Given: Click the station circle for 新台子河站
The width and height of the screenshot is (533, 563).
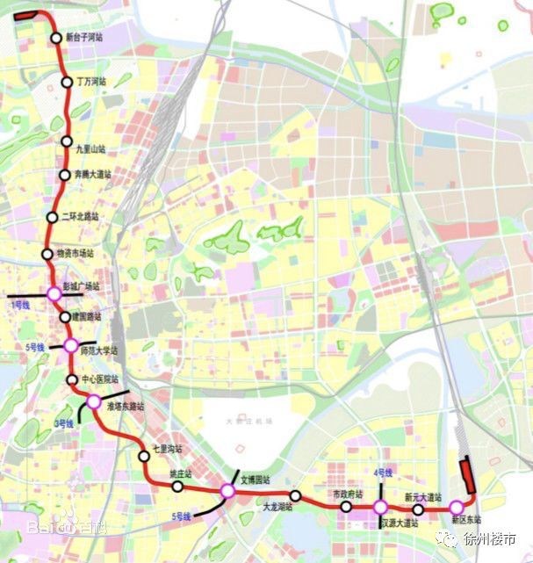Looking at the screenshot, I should (56, 38).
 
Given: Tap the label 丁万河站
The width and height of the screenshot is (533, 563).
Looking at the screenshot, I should (91, 83).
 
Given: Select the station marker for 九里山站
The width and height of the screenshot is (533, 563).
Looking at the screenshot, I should (67, 141).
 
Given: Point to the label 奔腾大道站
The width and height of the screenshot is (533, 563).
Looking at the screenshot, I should (93, 174).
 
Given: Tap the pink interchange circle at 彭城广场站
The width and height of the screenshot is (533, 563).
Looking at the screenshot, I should (54, 292).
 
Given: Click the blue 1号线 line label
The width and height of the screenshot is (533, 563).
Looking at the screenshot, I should (20, 304).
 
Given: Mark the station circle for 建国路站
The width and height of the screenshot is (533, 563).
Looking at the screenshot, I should (65, 317).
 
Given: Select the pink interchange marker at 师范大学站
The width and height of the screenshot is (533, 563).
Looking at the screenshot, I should (71, 346).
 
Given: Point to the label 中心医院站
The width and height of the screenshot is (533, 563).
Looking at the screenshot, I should (99, 379).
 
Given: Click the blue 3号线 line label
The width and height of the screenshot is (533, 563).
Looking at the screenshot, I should (63, 423).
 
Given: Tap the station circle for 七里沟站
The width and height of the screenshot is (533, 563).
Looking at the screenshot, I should (144, 455).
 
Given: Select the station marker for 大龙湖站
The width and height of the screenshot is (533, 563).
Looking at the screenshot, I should (296, 495).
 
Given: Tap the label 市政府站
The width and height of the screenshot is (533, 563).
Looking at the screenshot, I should (348, 494).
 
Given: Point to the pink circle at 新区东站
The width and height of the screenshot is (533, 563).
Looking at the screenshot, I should (456, 507).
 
